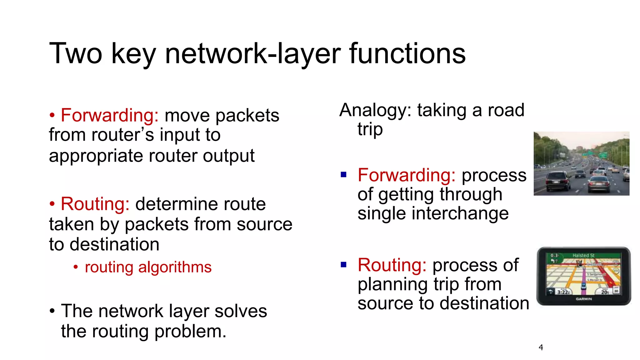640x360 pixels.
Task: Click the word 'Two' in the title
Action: tap(76, 54)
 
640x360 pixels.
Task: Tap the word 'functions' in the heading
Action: tap(407, 54)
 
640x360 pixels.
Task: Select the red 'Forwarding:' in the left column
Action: tap(110, 115)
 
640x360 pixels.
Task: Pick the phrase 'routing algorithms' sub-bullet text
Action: tap(148, 267)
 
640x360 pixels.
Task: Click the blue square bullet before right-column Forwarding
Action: tap(344, 174)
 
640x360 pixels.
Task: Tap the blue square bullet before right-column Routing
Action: tap(344, 265)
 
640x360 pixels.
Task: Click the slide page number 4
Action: tap(541, 347)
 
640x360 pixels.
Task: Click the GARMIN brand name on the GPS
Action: tap(584, 299)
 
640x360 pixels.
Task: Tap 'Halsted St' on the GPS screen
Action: tap(583, 256)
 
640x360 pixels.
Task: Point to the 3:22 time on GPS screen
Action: tap(563, 292)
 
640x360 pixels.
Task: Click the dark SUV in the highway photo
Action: tap(558, 181)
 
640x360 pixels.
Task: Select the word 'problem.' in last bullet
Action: tap(190, 332)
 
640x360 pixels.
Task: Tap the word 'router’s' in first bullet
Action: tap(122, 135)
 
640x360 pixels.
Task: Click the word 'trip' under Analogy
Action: tap(370, 129)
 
